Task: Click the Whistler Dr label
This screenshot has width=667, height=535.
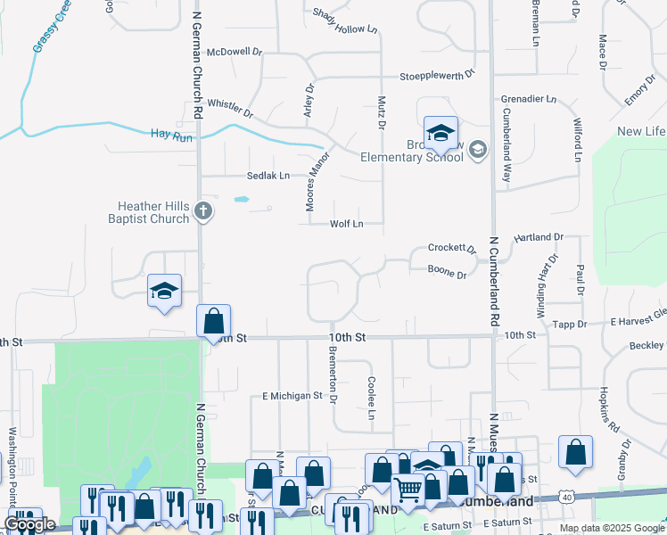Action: (x=230, y=109)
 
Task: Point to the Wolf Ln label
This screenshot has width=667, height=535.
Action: (x=347, y=224)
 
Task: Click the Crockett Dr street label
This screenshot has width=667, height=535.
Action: (x=450, y=248)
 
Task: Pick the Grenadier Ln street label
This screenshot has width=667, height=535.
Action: (x=528, y=98)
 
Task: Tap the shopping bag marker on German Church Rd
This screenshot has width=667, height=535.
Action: (x=214, y=321)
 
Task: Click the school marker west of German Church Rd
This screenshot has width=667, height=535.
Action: (x=164, y=291)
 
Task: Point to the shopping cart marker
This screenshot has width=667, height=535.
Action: (x=407, y=488)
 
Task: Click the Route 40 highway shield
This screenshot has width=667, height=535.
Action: (x=567, y=496)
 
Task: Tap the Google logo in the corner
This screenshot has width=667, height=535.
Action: (x=29, y=524)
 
